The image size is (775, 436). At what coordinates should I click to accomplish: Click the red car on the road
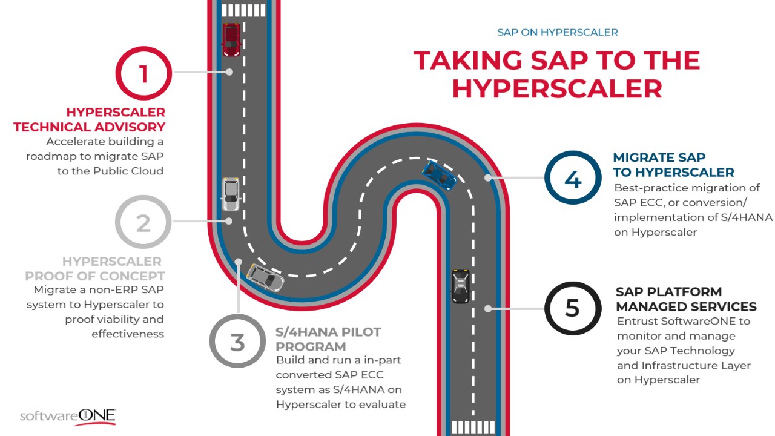[231, 40]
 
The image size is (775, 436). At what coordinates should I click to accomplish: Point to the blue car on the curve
[440, 176]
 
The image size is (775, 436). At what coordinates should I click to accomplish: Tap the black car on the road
[461, 286]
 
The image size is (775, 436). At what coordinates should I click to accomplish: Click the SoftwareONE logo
[68, 416]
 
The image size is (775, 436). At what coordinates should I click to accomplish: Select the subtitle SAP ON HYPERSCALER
[558, 32]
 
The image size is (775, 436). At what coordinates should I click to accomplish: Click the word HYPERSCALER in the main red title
[557, 89]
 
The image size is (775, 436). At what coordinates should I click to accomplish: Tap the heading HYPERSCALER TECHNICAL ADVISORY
[89, 120]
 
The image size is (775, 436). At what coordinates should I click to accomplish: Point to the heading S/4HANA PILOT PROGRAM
[328, 339]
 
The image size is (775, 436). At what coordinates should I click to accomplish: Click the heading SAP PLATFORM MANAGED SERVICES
[686, 299]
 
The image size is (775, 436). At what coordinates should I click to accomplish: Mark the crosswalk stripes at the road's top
[243, 10]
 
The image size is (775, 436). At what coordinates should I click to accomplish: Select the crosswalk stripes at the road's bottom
[473, 428]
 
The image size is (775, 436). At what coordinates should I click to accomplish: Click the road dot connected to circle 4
[488, 178]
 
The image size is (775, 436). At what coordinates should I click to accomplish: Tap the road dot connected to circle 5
[488, 309]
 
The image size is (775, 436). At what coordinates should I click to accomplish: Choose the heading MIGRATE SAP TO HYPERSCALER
[673, 165]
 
